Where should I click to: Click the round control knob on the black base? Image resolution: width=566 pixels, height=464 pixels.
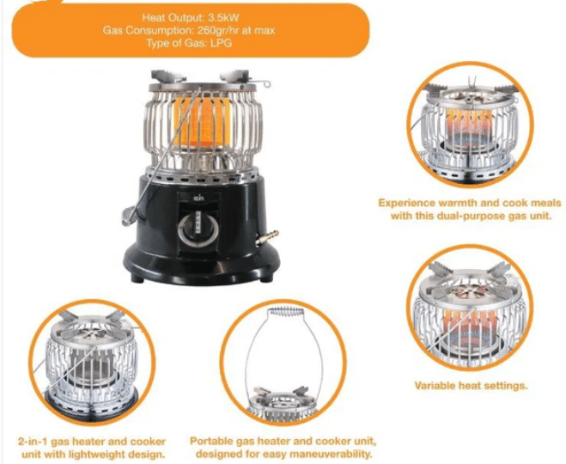[197, 232]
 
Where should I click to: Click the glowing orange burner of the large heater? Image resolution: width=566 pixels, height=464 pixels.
[199, 124]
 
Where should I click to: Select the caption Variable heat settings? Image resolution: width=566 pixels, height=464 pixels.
[471, 386]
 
